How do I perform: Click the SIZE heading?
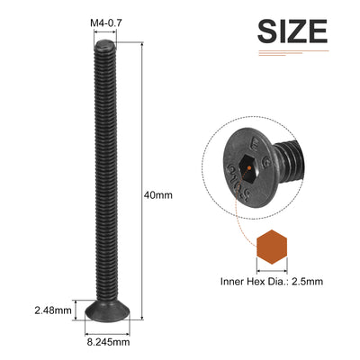292,31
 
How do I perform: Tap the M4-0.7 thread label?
106,23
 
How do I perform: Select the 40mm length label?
158,195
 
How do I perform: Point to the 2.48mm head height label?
53,310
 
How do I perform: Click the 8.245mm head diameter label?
108,342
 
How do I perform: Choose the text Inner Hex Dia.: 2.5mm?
272,282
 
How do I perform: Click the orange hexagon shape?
272,247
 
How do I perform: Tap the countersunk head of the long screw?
107,310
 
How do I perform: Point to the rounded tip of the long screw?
104,44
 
